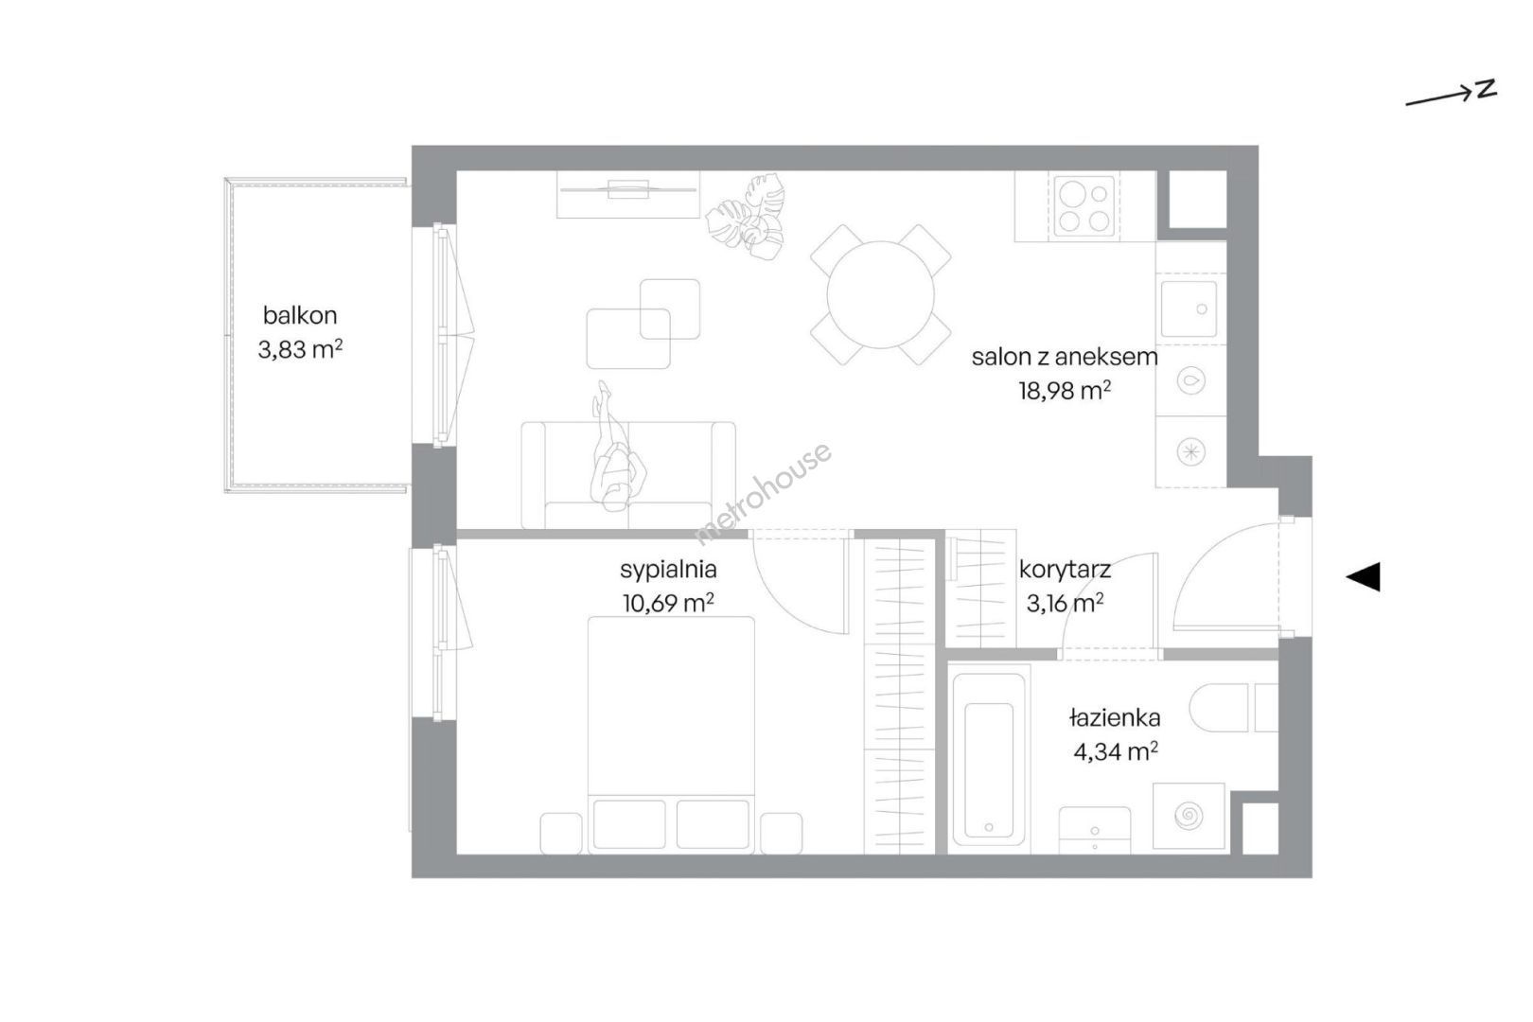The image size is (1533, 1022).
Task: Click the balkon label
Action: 300,315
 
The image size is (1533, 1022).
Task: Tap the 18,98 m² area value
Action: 1065,391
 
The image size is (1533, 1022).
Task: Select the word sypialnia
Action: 668,570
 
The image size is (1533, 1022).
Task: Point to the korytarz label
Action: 1065,570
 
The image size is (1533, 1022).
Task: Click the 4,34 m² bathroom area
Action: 1116,752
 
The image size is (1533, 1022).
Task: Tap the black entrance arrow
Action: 1363,576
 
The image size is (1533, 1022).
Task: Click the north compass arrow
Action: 1451,97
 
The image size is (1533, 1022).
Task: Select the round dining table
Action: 880,295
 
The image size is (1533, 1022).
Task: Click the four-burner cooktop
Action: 1084,206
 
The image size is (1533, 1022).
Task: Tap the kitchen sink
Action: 1189,308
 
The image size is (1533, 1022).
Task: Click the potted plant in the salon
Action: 746,218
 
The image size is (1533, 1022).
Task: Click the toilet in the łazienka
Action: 1233,708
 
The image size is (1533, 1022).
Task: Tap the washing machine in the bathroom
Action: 1189,816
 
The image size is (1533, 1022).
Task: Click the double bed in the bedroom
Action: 671,735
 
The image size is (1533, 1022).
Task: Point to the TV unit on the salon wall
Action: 628,194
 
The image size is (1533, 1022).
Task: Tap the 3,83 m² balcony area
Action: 300,350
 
